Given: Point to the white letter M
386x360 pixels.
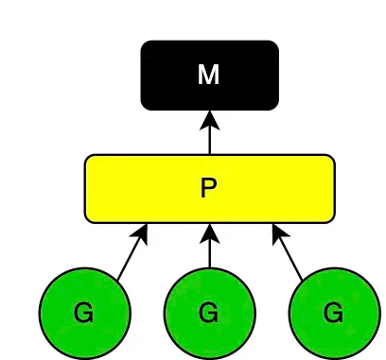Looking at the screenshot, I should point(209,76).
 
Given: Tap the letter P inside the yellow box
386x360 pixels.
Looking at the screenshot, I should point(209,188).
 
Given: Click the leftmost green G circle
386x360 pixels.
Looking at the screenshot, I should point(84,313).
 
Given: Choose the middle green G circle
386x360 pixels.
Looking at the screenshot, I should point(209,313).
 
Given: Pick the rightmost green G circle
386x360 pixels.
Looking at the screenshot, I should point(334,313).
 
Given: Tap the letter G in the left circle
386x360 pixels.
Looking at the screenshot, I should point(84,313).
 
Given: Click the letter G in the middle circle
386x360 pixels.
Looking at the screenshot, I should point(209,313).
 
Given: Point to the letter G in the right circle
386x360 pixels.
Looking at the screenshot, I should point(334,313).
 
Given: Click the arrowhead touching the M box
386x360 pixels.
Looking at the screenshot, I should point(209,119).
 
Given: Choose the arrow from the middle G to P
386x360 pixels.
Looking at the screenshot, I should point(209,249).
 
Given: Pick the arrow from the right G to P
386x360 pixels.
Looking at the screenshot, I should point(288,252).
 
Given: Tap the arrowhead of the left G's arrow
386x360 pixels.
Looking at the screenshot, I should point(144,231).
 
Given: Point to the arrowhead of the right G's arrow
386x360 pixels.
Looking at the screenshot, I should point(277,231).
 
